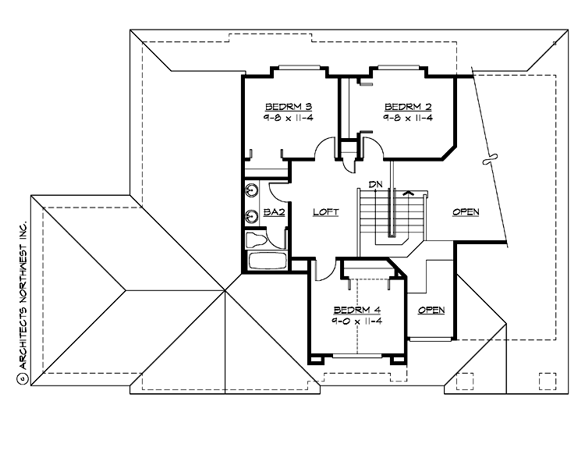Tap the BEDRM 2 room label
407,106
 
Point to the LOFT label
324,212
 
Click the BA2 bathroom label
272,212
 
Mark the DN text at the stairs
376,184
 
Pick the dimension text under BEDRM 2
407,117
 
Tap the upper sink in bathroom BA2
252,190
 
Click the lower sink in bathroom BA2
252,216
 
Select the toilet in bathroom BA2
254,240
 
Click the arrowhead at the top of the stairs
406,191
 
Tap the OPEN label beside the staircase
465,212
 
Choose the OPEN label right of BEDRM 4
431,311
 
